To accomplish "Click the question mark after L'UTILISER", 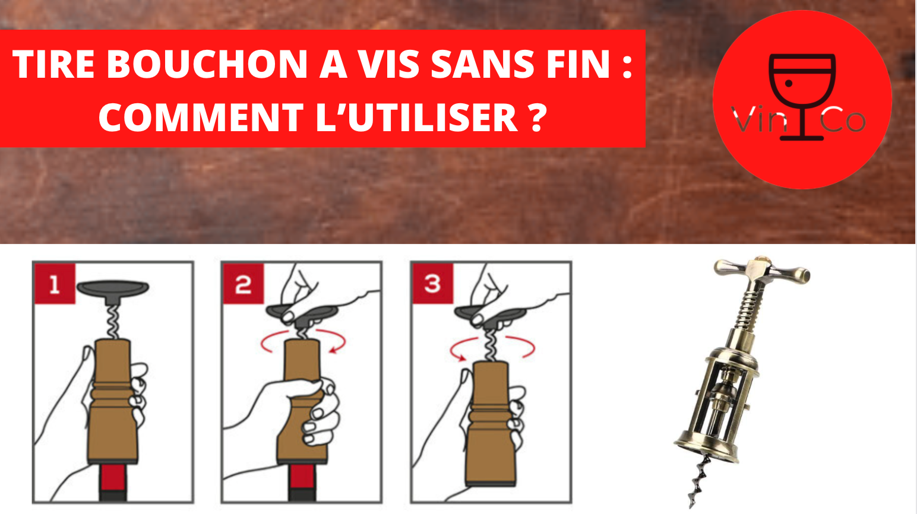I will [536, 117].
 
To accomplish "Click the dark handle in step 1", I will [113, 289].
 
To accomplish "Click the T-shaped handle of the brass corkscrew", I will [761, 270].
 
